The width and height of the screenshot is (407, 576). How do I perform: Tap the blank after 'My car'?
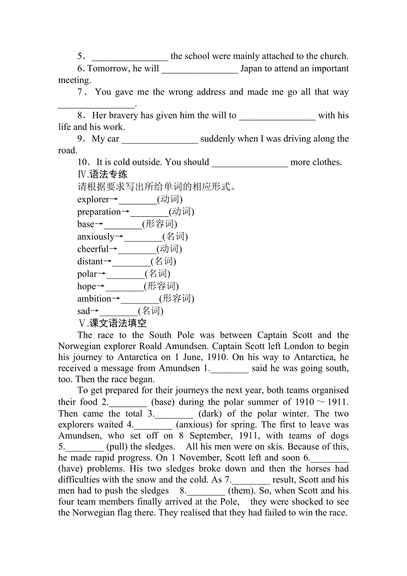pyautogui.click(x=159, y=139)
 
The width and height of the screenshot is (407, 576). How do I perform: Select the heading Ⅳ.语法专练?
pyautogui.click(x=102, y=174)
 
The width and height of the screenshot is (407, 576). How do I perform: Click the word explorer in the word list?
pyautogui.click(x=93, y=200)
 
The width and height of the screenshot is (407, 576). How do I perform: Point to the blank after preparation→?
pyautogui.click(x=149, y=212)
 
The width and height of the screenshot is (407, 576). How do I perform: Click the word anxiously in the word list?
pyautogui.click(x=96, y=237)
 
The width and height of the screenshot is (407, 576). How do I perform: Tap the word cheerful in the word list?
pyautogui.click(x=92, y=249)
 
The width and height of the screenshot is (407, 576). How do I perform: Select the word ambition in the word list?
pyautogui.click(x=94, y=299)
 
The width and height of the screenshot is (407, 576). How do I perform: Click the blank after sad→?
pyautogui.click(x=119, y=311)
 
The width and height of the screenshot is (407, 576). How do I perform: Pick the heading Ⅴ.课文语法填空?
pyautogui.click(x=112, y=323)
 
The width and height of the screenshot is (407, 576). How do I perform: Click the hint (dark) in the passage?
pyautogui.click(x=211, y=414)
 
